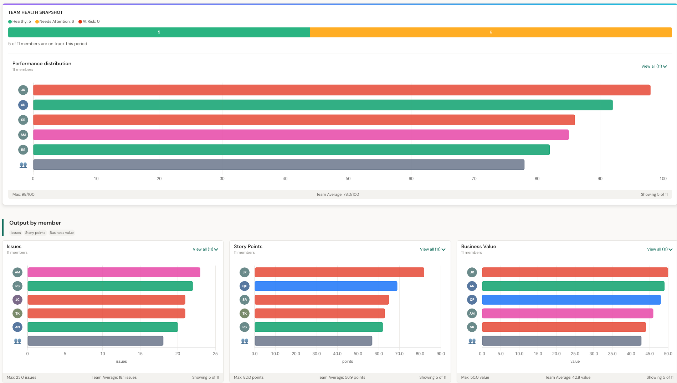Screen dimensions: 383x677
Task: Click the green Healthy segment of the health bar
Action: tap(159, 32)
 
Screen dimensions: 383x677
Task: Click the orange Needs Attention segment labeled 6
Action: tap(491, 32)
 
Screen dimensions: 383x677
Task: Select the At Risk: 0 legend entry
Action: tap(89, 22)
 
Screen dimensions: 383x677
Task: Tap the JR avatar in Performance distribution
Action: tap(23, 90)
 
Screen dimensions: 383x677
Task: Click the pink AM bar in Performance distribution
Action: tap(301, 135)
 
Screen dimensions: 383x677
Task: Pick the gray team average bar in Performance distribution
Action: tap(278, 165)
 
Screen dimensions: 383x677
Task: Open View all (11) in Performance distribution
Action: tap(653, 67)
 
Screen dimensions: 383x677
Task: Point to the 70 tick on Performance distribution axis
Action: tap(474, 179)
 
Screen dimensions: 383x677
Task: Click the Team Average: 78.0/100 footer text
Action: tap(337, 194)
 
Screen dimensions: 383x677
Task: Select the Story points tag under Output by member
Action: tap(35, 233)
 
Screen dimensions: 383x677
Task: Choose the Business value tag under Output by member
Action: tap(62, 233)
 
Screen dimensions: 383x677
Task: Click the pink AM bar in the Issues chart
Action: tap(114, 273)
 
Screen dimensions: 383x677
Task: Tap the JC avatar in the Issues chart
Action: tap(17, 300)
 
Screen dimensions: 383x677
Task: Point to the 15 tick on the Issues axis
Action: tap(140, 354)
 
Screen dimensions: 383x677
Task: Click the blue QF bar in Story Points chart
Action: tap(325, 286)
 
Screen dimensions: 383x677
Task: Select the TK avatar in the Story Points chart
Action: tap(245, 314)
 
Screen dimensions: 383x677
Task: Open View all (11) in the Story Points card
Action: tap(432, 250)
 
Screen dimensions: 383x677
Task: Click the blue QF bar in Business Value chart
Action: tap(571, 300)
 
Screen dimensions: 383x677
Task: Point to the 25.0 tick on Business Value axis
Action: tap(575, 354)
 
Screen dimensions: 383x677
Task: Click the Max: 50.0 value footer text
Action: tap(475, 377)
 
